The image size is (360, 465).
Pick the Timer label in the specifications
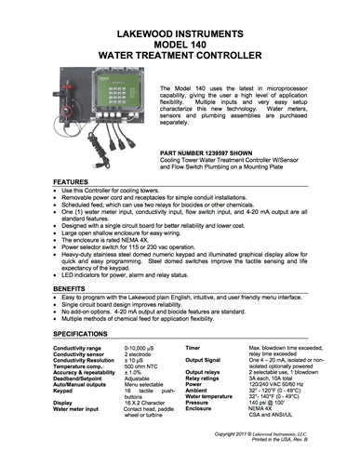pos(193,347)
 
